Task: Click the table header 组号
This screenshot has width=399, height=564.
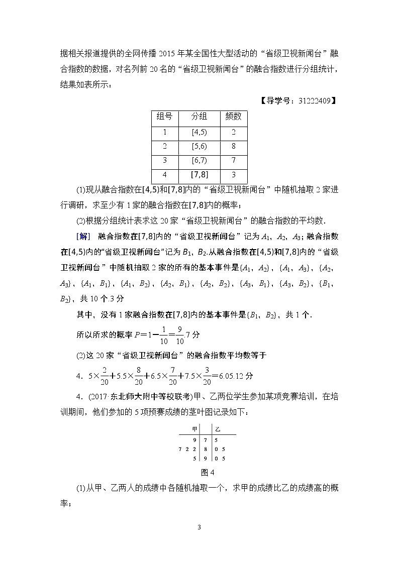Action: (x=164, y=117)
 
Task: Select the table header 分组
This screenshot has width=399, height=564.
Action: (x=199, y=117)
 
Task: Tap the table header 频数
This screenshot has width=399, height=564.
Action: (x=233, y=117)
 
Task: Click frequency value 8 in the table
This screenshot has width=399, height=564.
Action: (x=233, y=147)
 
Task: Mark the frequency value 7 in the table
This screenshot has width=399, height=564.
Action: (x=233, y=161)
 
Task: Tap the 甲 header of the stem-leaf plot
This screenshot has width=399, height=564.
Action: (x=187, y=429)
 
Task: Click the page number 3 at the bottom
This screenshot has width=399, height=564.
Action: (x=199, y=527)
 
